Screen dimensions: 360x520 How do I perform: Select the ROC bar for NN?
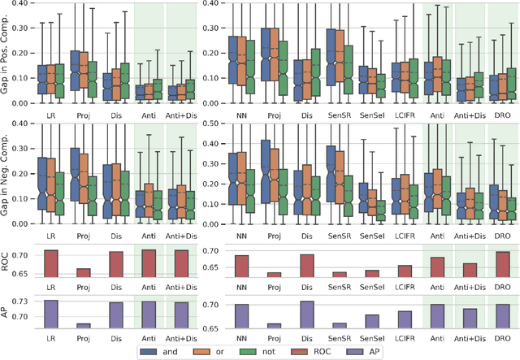click(x=241, y=267)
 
